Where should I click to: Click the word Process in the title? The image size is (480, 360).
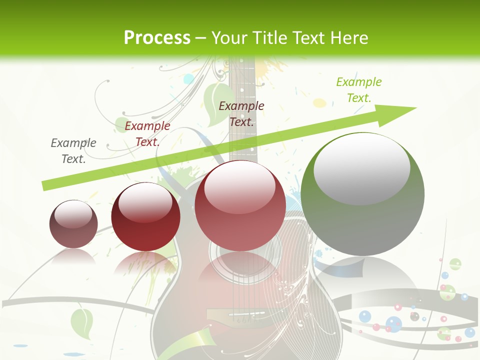tap(157, 37)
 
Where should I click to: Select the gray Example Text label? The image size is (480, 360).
tap(73, 151)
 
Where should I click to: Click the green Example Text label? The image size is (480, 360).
tap(358, 90)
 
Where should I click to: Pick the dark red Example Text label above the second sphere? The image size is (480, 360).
tap(147, 134)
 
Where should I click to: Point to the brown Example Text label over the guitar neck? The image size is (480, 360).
tap(241, 114)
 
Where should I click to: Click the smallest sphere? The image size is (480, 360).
tap(73, 224)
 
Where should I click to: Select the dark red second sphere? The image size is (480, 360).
tap(145, 216)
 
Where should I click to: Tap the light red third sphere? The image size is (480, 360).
tap(240, 205)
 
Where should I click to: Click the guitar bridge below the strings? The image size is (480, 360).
tap(235, 315)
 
